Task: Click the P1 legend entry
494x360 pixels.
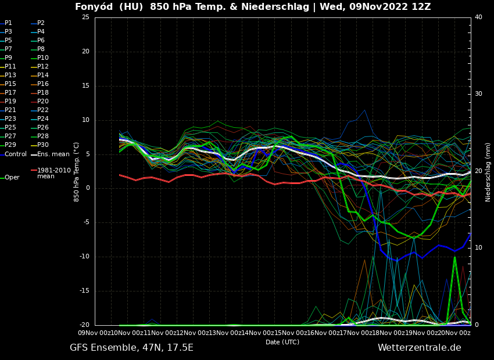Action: tap(8, 23)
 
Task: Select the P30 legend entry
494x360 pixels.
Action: tap(43, 145)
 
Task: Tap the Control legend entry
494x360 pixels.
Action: tap(16, 154)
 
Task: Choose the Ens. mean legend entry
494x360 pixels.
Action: tap(53, 154)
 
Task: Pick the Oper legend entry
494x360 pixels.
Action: tap(12, 178)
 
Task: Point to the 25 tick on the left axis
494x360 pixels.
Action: tap(85, 17)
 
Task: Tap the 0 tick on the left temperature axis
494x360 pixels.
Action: tap(88, 188)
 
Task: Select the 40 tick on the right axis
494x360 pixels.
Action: tap(478, 17)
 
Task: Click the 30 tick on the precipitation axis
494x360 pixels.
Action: tap(478, 94)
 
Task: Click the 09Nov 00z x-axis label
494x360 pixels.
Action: tap(94, 333)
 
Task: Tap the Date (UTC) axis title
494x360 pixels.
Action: tap(282, 342)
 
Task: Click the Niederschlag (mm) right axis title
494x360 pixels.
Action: tap(488, 172)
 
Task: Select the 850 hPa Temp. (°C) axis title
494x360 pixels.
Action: tap(77, 172)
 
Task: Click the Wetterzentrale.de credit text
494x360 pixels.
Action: tap(419, 348)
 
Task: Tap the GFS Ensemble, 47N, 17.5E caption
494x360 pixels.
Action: tap(131, 348)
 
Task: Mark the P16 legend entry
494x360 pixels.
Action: tap(43, 84)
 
